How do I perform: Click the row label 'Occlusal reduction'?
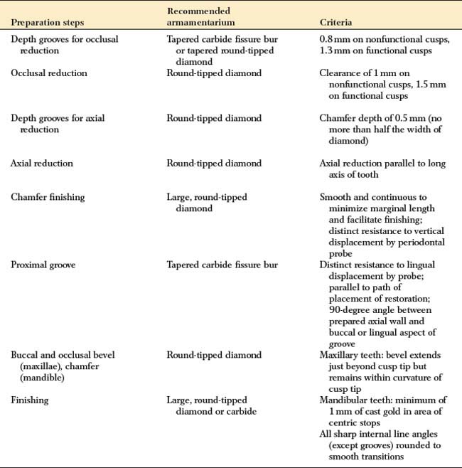[x=49, y=73]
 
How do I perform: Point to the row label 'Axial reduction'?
[x=42, y=164]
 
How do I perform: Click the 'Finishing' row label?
[x=30, y=400]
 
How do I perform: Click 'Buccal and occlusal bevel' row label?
[x=63, y=355]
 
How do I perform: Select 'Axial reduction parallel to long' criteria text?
[x=382, y=164]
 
